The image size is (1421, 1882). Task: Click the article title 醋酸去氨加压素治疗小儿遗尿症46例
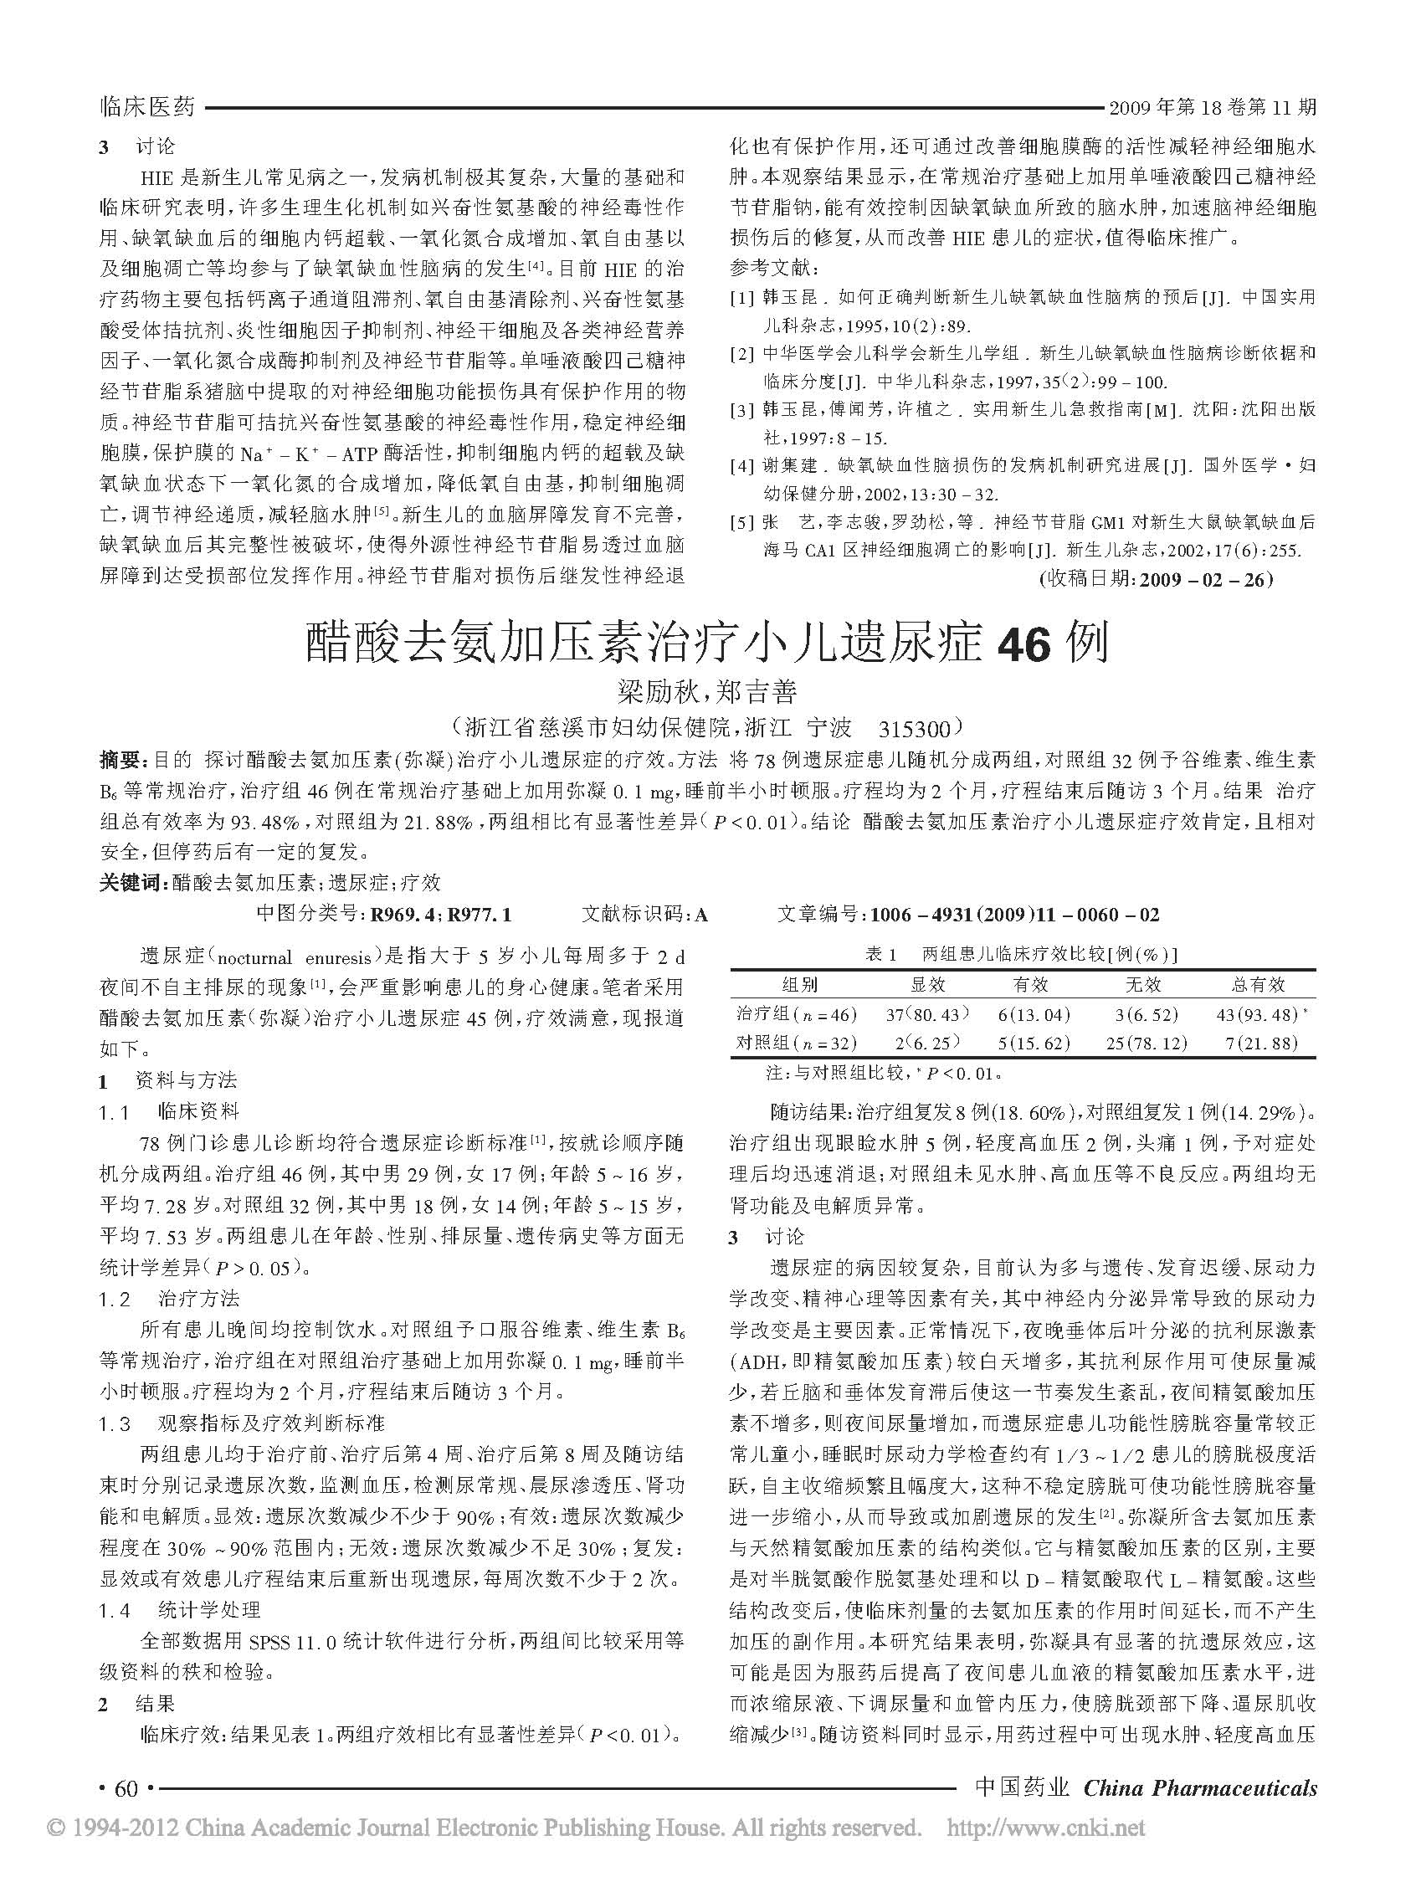708,644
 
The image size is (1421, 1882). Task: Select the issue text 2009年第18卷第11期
1212,107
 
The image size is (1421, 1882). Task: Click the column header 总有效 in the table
1258,985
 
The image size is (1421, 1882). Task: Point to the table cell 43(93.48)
1258,1014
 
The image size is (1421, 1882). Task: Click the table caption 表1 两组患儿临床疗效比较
1021,955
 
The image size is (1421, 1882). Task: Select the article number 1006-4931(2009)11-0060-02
1012,915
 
